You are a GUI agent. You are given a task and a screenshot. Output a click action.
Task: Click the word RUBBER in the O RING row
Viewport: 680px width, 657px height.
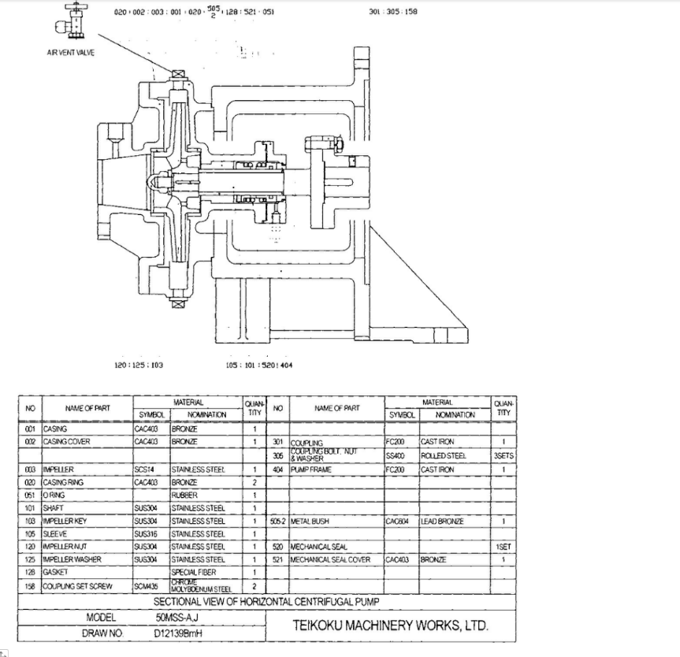(183, 495)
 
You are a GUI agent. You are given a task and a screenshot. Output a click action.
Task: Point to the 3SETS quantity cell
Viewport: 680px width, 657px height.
(503, 455)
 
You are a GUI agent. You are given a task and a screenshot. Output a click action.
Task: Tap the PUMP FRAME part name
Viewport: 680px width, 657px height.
(311, 470)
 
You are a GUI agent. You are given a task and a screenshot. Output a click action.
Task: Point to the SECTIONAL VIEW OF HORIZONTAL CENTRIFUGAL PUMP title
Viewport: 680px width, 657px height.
(266, 601)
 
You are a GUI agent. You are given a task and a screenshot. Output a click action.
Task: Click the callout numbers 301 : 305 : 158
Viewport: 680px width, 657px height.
(392, 13)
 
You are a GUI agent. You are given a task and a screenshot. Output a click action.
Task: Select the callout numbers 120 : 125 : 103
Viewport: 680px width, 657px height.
(139, 365)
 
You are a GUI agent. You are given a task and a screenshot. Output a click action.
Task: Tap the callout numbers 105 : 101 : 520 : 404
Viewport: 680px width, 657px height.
(259, 365)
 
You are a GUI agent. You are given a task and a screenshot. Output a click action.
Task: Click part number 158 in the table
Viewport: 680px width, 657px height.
(30, 585)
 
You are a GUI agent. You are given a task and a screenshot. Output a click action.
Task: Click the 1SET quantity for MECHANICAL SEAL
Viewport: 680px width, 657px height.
(503, 546)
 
